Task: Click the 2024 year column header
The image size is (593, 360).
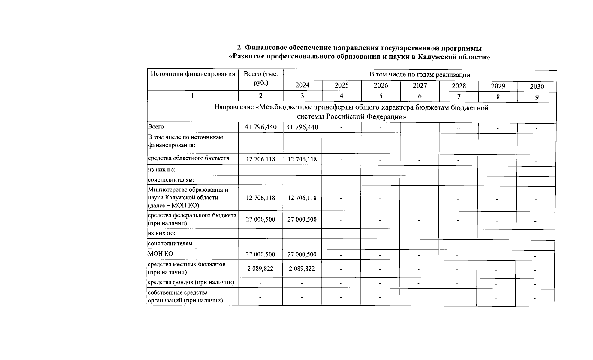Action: coord(302,85)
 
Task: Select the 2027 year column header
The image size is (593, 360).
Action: coord(420,86)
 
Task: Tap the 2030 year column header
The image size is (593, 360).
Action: coord(537,87)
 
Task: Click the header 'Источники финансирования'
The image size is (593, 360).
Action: coord(193,74)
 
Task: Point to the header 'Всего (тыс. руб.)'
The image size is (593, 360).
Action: coord(260,78)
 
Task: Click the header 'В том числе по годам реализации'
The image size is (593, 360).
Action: coord(420,75)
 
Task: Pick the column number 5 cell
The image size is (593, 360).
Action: coord(381,96)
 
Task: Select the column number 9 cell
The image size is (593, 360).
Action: coord(537,97)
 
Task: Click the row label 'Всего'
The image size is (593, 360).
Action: coord(156,127)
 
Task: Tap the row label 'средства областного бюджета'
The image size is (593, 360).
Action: coord(188,158)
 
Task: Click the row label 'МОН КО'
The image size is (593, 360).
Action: coord(160,254)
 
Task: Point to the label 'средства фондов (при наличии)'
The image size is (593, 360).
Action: coord(191,282)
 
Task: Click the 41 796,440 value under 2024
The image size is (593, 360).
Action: coord(302,127)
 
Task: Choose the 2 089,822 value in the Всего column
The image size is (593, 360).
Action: coord(260,268)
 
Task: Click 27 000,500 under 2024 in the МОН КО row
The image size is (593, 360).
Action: coord(302,254)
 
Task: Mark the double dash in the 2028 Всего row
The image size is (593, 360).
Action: coord(458,128)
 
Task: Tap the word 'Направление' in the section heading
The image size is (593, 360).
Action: coord(234,107)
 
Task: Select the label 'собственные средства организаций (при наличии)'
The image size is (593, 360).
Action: coord(185,296)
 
